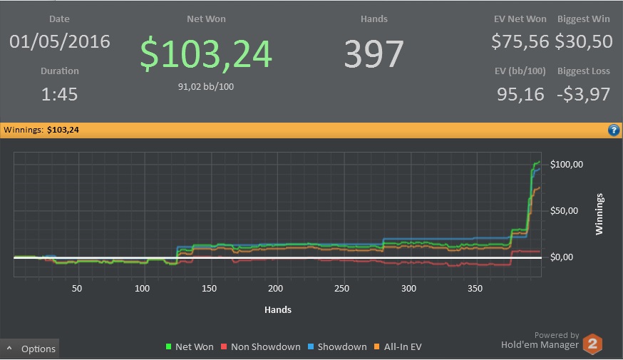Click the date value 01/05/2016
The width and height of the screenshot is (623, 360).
60,42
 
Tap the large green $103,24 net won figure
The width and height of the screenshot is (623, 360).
206,53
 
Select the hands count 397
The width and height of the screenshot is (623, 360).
374,53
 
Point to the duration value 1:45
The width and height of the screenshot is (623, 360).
60,94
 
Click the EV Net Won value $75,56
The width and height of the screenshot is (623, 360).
520,42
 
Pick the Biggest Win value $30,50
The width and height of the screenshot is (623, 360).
584,42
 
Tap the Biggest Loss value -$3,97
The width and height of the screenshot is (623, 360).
583,95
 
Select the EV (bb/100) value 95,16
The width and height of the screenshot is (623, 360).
520,95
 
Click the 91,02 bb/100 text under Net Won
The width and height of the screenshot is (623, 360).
206,87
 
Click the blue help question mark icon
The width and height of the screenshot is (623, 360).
614,130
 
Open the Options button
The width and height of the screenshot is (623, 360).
30,349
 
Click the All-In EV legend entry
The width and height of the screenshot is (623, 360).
398,347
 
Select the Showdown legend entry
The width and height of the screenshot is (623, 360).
337,347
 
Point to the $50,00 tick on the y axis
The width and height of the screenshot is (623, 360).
564,210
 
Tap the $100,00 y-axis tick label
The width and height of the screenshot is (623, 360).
566,165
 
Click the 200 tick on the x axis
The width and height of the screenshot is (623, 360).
275,289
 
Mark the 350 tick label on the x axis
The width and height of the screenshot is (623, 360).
475,289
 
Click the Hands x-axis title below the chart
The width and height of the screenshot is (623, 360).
278,310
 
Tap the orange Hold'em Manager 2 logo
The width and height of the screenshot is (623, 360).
592,344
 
